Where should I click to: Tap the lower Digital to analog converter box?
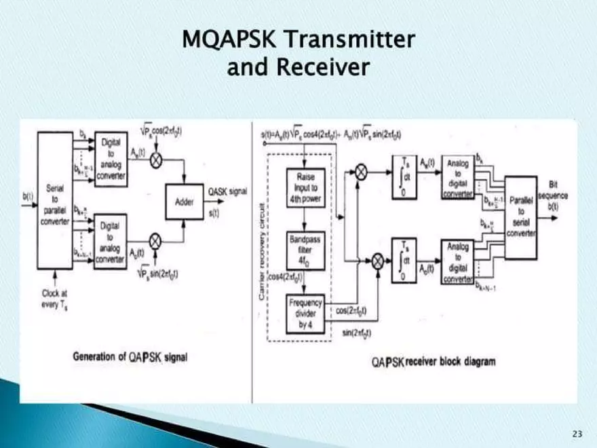coord(111,240)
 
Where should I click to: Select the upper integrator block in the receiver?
coord(404,176)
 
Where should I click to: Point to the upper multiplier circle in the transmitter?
coord(155,161)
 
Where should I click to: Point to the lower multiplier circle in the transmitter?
coord(155,240)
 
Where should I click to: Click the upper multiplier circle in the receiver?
coord(362,172)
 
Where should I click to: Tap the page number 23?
coord(577,433)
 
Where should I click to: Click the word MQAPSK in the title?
coord(231,40)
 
